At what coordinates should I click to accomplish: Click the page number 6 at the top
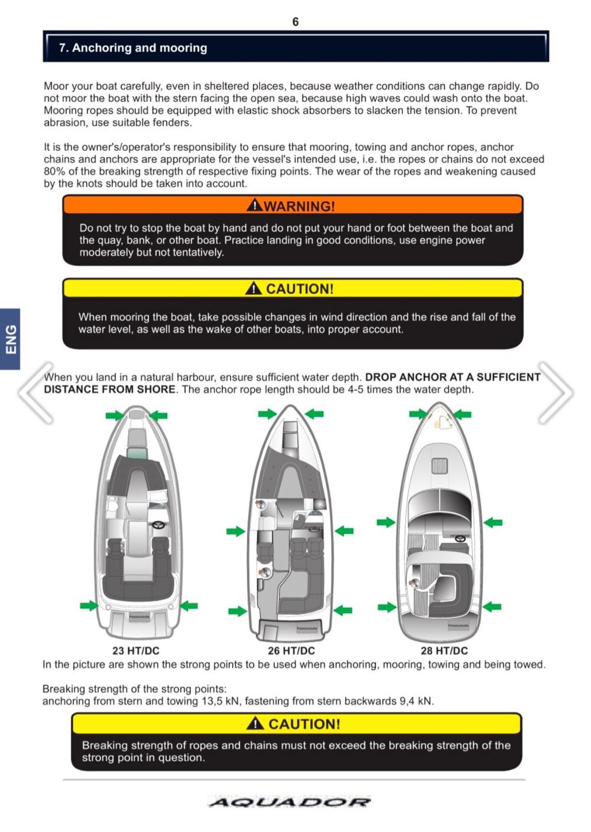295,22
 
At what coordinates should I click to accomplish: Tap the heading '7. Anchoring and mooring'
133,48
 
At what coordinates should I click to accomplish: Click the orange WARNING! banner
293,205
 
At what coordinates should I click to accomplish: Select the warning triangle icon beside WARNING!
254,205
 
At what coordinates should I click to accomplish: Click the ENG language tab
10,339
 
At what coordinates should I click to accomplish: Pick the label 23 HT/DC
136,651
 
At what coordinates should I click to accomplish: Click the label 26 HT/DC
291,651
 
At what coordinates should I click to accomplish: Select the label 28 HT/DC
444,651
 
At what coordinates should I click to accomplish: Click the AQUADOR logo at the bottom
290,802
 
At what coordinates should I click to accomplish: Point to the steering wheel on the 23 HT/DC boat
158,525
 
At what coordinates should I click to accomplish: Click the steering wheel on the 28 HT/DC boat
460,538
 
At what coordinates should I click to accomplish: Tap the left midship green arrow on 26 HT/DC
235,531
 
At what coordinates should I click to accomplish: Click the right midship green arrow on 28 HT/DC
493,522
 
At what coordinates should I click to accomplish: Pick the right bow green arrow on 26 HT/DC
314,414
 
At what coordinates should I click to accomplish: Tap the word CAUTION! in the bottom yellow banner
304,724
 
